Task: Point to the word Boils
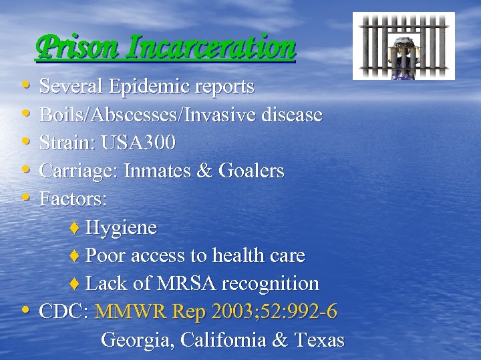point(62,115)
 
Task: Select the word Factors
point(73,199)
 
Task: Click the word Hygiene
point(121,228)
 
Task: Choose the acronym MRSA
point(178,284)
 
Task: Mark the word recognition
point(270,284)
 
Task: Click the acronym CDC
point(64,312)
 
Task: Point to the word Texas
point(319,340)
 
